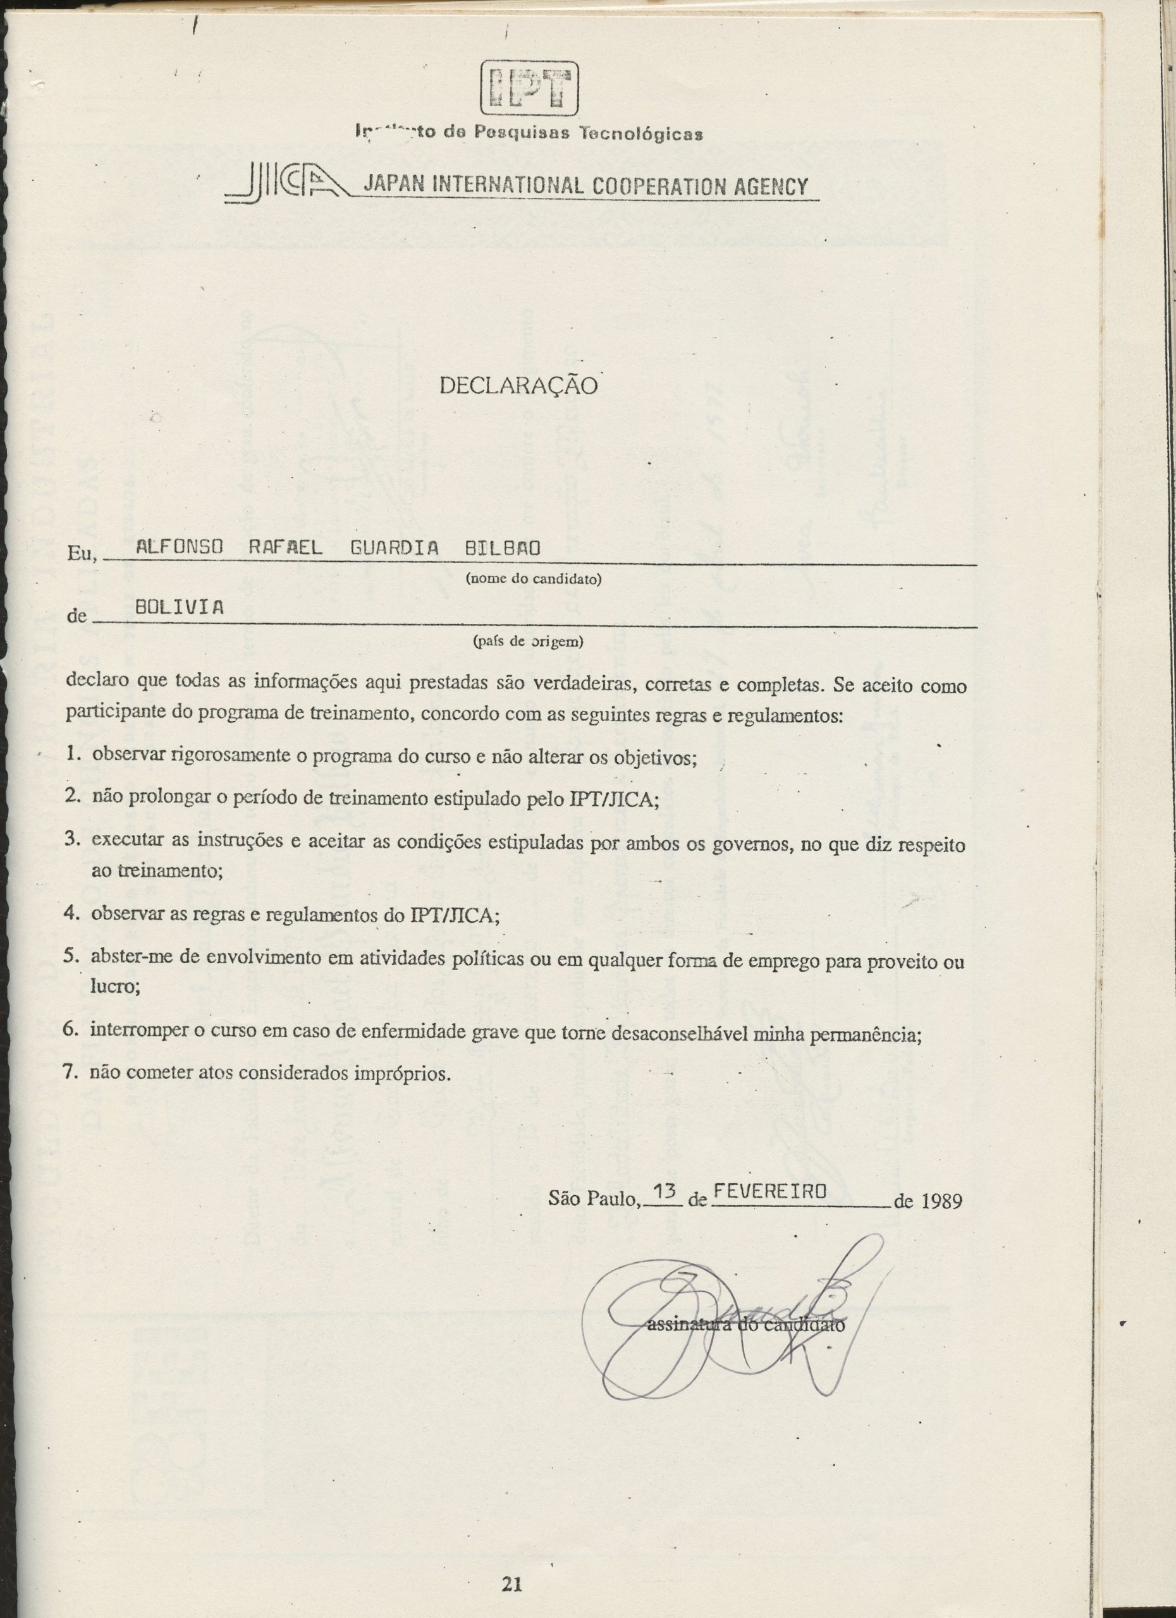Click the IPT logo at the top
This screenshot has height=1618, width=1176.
pos(529,88)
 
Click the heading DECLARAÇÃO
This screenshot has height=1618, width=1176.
pos(518,386)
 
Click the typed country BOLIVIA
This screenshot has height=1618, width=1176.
pos(179,608)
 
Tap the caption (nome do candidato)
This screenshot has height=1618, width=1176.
pos(534,580)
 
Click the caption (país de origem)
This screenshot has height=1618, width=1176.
pos(529,642)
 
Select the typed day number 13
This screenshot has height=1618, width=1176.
pos(665,1191)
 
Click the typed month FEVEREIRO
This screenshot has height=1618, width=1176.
pos(770,1191)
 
